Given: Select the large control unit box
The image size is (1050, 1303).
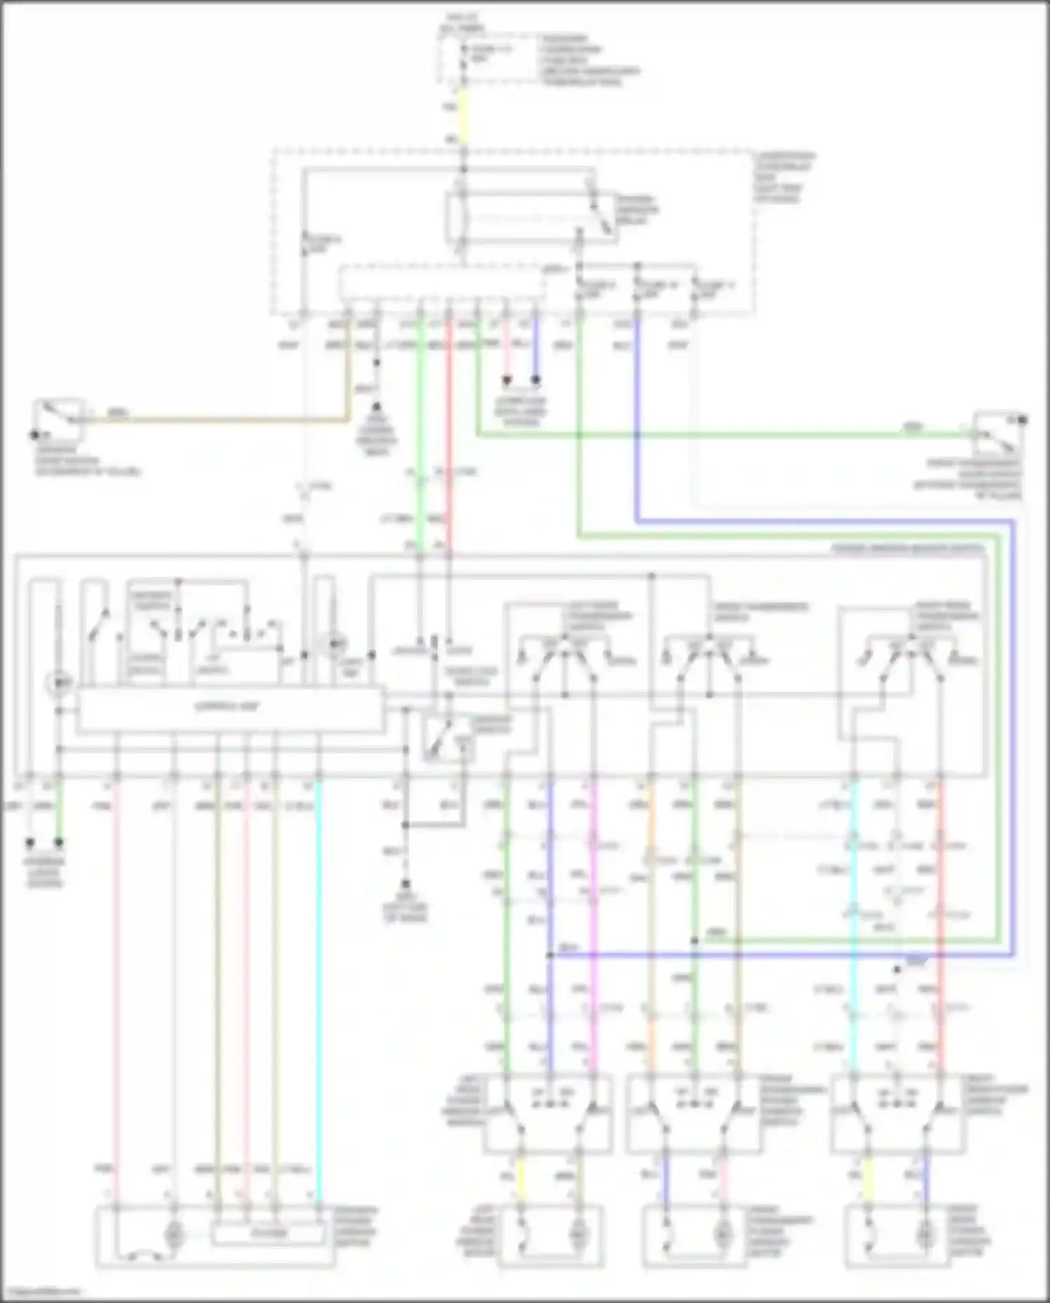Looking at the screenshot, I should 230,709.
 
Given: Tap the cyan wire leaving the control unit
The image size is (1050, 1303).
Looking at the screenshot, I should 318,980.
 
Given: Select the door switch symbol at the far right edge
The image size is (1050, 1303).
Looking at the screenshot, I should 997,433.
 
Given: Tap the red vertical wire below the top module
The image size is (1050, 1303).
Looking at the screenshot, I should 449,420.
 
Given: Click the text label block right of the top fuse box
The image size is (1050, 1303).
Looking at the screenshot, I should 588,60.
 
